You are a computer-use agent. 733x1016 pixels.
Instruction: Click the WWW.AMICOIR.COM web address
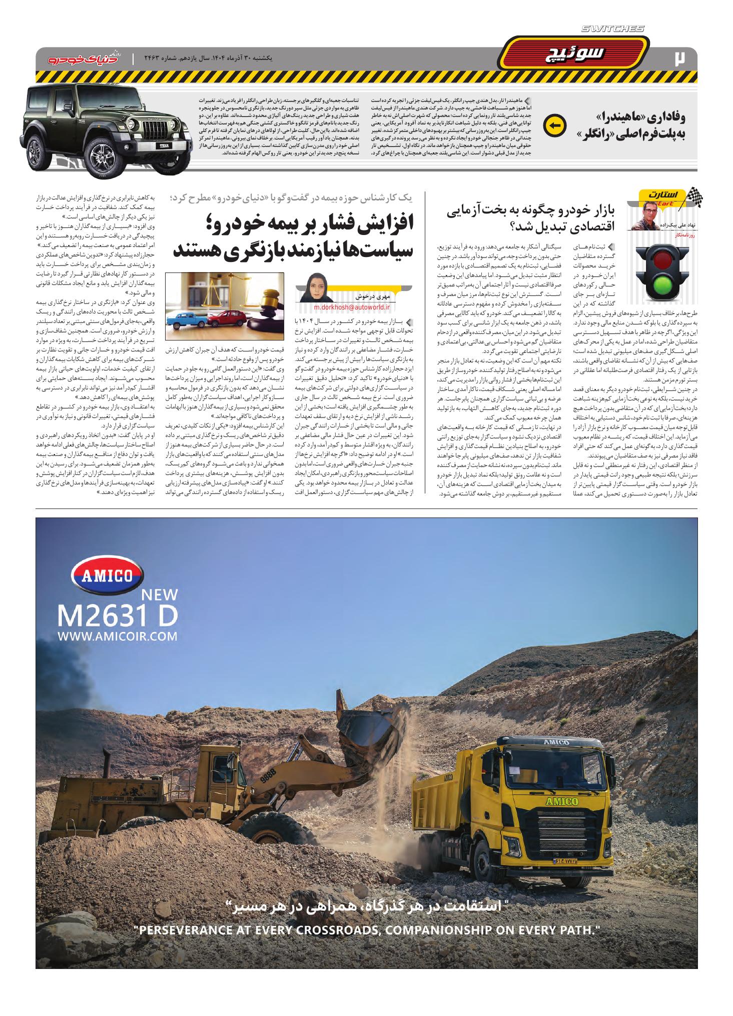[x=118, y=636]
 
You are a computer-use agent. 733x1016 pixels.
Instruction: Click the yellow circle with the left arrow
[x=554, y=125]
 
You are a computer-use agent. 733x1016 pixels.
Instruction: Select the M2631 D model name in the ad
[x=118, y=616]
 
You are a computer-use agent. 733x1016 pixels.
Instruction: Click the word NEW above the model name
[x=160, y=594]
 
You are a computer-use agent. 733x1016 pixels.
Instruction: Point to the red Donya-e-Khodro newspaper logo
[x=75, y=58]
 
